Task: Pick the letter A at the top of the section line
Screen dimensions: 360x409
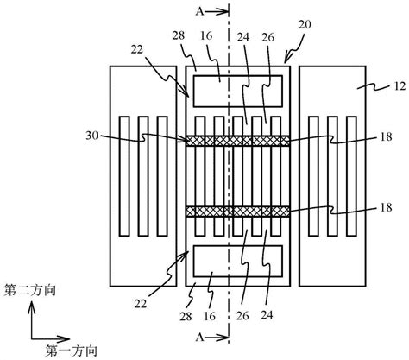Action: point(199,12)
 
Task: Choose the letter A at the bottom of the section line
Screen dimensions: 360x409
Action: point(199,336)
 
